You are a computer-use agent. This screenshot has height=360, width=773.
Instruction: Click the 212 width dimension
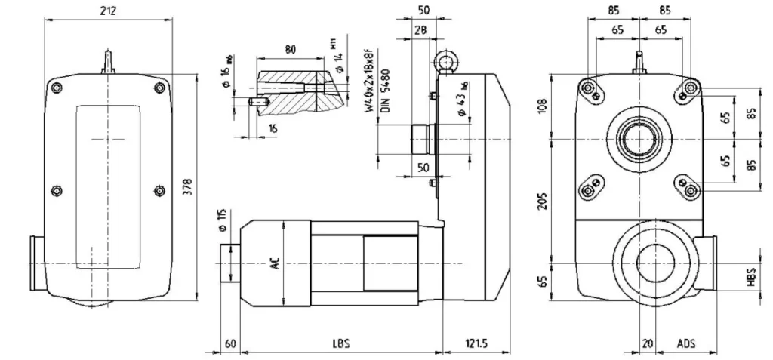tap(112, 11)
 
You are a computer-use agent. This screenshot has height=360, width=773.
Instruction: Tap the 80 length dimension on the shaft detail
tap(291, 49)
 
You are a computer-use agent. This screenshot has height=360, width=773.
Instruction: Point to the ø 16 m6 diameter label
tap(226, 69)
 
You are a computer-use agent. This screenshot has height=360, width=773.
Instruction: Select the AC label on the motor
tap(276, 263)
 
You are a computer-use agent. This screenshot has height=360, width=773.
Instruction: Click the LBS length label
tap(340, 343)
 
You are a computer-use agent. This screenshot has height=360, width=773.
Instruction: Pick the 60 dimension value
tap(230, 343)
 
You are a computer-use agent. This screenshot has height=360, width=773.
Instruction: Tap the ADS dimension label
tap(686, 343)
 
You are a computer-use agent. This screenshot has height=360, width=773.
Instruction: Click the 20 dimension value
tap(647, 343)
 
